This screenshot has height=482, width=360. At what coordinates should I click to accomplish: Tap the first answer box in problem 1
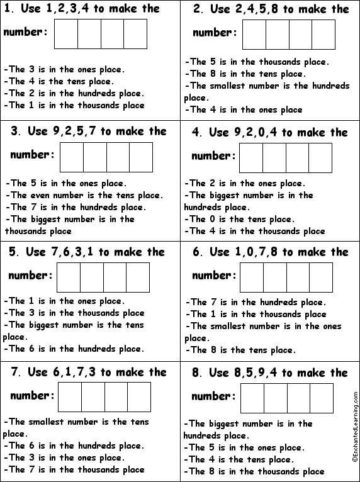coord(66,34)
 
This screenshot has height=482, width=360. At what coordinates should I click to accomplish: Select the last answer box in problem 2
coord(323,34)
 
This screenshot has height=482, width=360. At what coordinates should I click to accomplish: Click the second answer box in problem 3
coord(95,157)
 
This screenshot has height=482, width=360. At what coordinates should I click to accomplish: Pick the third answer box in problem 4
coord(297,157)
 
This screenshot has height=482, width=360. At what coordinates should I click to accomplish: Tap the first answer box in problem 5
coord(69,277)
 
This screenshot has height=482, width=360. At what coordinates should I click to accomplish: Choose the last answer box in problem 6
coord(320,277)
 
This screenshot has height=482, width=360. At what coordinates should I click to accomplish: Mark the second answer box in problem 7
coord(93,397)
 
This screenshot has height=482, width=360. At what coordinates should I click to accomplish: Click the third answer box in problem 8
coord(298,398)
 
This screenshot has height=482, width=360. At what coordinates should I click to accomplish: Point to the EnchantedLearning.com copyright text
coord(355,434)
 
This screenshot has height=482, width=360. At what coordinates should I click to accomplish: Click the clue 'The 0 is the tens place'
coord(239,219)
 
